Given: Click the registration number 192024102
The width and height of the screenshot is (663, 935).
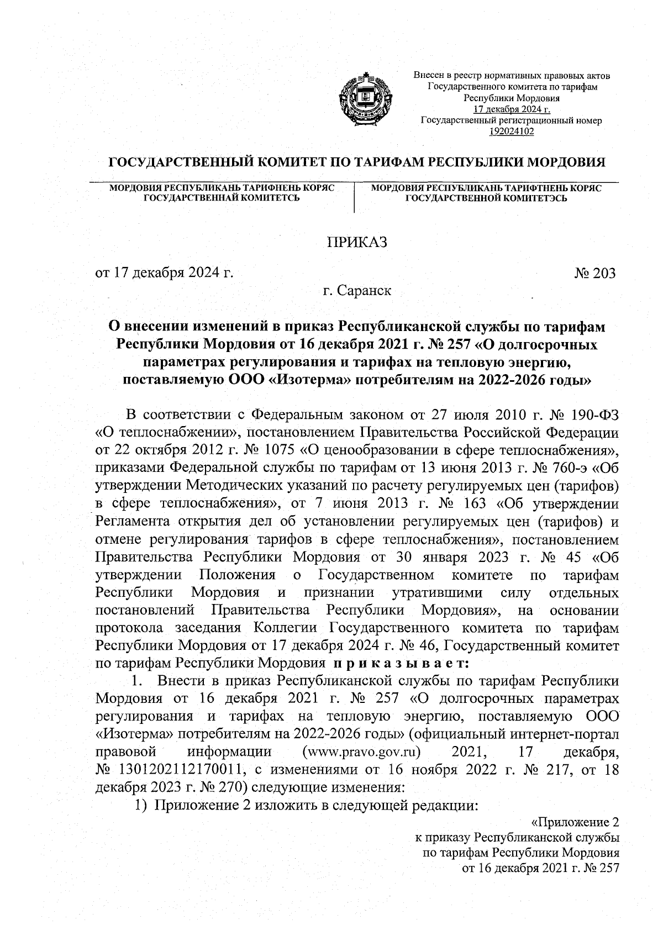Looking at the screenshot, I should click(x=512, y=130).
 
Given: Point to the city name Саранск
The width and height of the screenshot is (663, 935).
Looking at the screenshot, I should click(x=366, y=290).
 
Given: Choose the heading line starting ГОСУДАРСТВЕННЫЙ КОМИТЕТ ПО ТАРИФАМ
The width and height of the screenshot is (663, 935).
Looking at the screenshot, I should click(x=357, y=162).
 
